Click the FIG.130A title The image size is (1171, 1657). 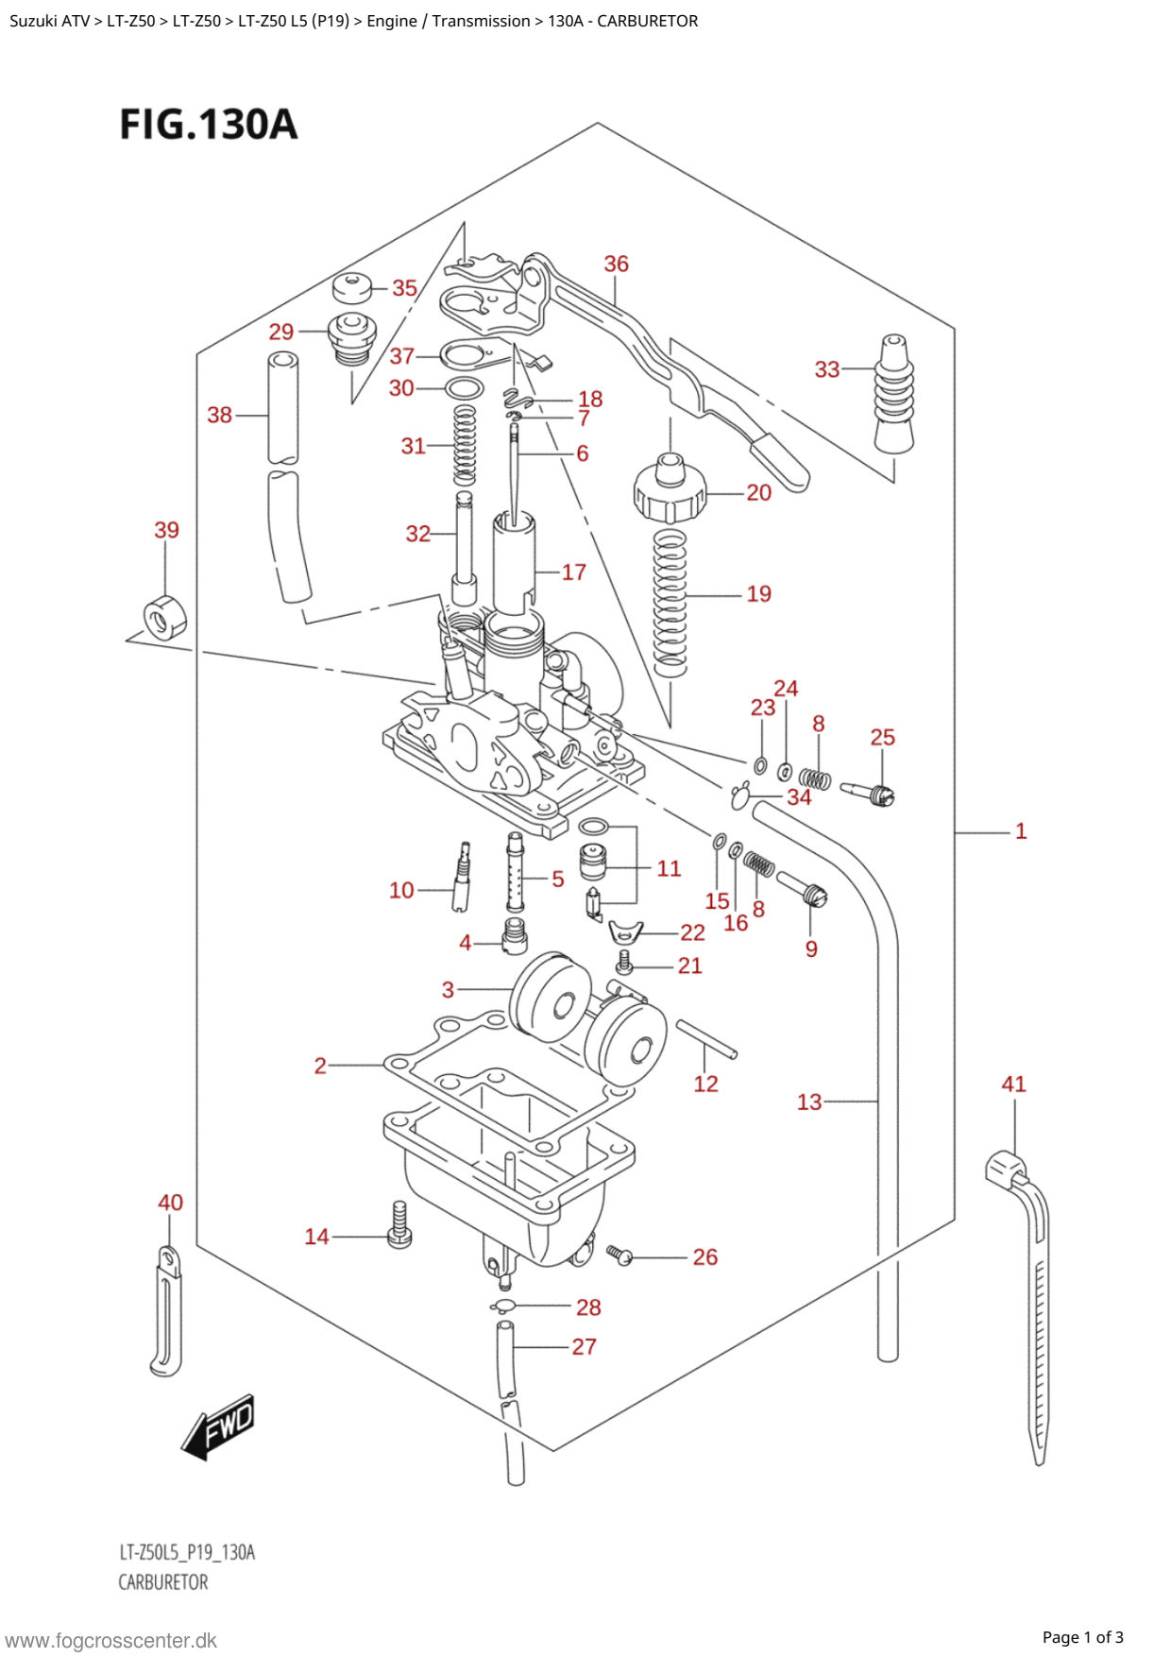[x=209, y=125]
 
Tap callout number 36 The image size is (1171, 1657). [x=616, y=264]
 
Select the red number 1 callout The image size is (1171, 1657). [x=1020, y=831]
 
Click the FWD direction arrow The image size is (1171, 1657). [x=218, y=1426]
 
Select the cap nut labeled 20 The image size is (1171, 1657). [x=670, y=487]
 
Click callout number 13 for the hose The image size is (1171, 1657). [x=809, y=1102]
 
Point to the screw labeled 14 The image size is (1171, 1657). [x=399, y=1224]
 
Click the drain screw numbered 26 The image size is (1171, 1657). [x=619, y=1255]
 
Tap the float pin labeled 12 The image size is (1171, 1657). [x=706, y=1039]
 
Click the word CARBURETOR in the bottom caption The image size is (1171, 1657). [x=162, y=1582]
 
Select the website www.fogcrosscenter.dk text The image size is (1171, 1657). [x=111, y=1640]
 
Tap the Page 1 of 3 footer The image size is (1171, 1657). [x=1082, y=1637]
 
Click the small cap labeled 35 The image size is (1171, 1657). [x=354, y=287]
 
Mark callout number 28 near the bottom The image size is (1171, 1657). [x=588, y=1307]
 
